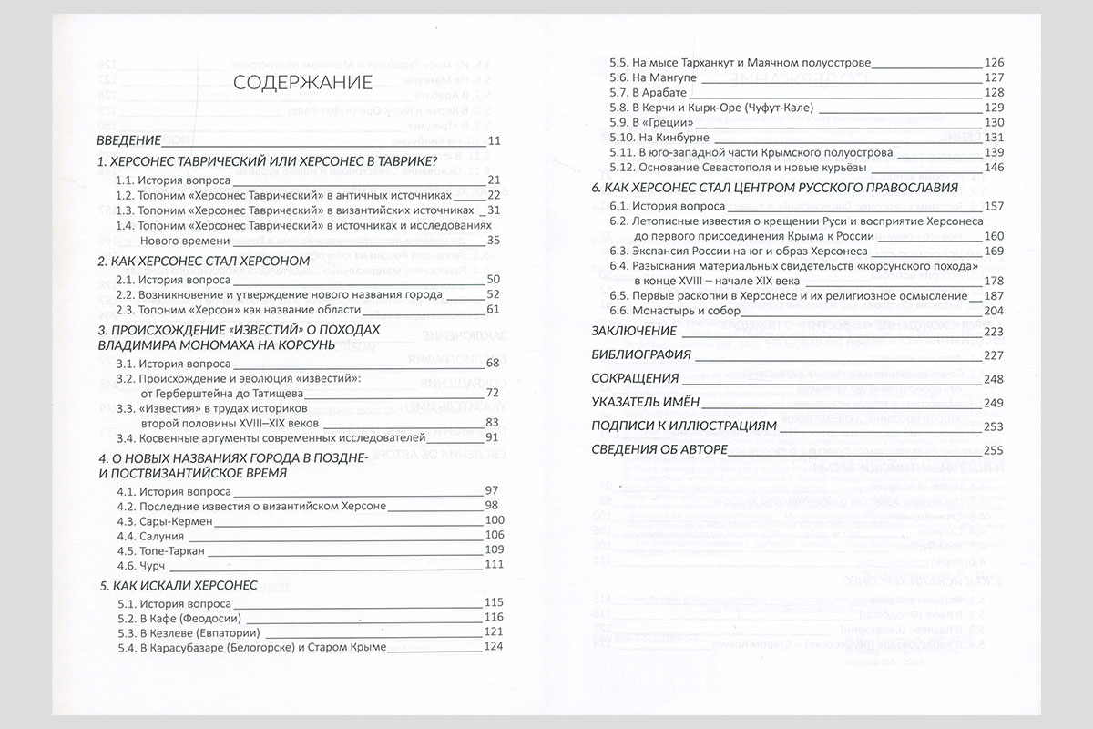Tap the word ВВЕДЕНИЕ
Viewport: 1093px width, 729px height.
(129, 140)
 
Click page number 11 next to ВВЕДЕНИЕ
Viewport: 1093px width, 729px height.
(495, 140)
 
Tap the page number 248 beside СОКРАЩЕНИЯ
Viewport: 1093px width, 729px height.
(994, 378)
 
